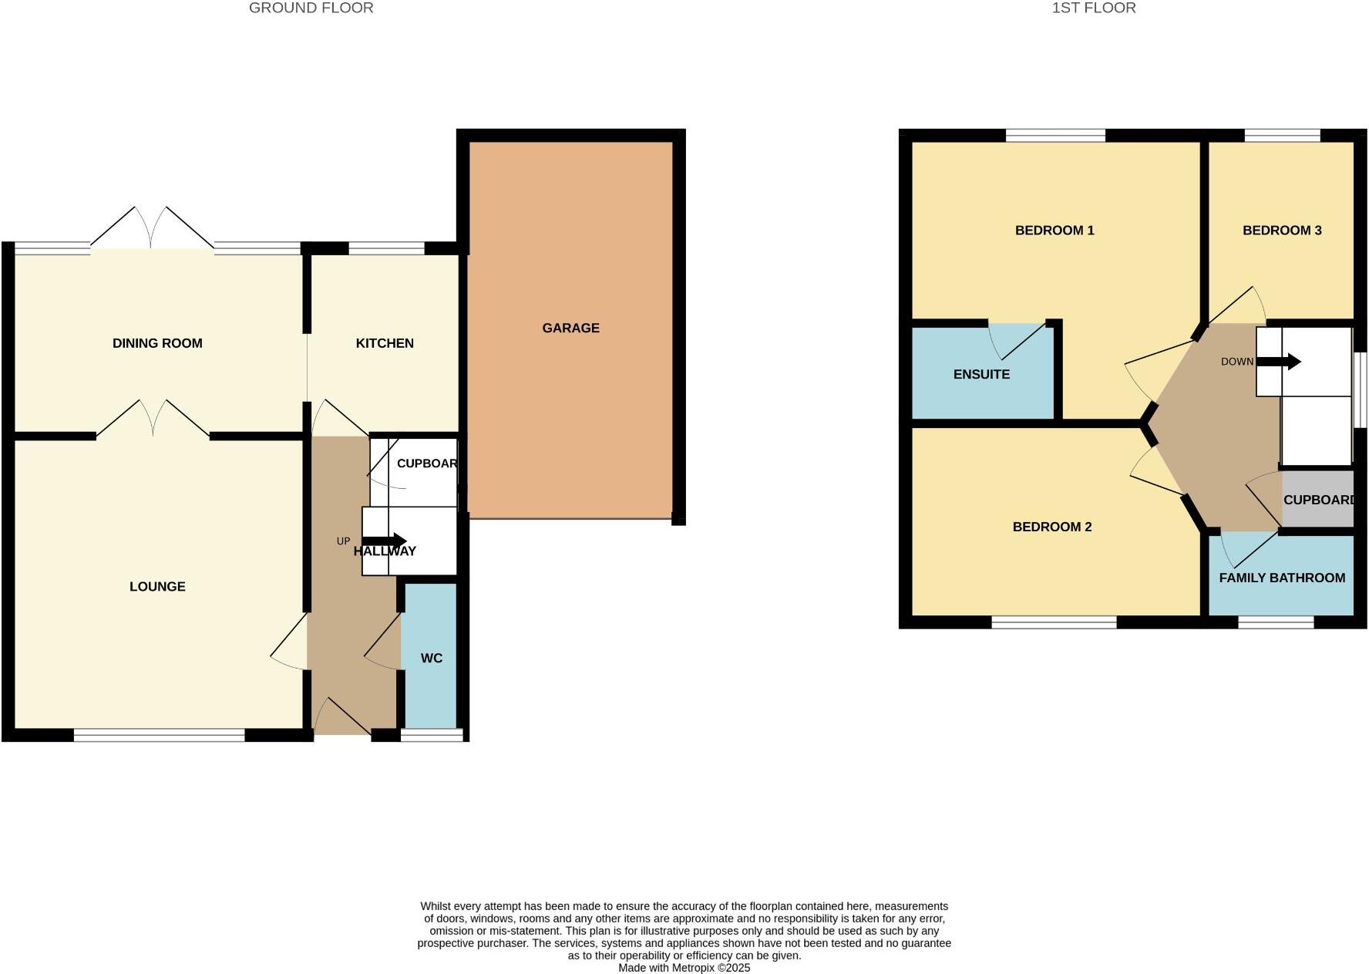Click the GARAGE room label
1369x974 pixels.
[x=570, y=328]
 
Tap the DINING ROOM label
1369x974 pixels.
[x=157, y=343]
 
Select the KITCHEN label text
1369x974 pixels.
[x=385, y=343]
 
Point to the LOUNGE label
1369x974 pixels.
[x=157, y=586]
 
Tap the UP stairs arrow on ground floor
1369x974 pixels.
[x=384, y=541]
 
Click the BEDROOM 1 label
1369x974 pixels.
[x=1054, y=230]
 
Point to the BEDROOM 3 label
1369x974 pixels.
[x=1282, y=230]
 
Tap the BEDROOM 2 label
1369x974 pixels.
[x=1051, y=527]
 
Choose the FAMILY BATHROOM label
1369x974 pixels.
[x=1282, y=578]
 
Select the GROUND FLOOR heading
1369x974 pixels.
[x=311, y=8]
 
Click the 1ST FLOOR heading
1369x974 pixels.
[x=1093, y=8]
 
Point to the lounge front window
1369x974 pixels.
[x=159, y=736]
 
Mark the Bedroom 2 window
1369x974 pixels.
[x=1054, y=622]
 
